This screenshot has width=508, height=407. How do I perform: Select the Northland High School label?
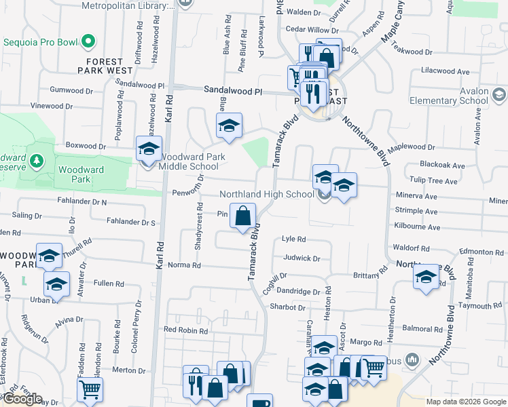point(266,194)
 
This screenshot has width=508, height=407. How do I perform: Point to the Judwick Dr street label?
point(302,258)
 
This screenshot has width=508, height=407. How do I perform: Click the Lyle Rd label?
point(293,239)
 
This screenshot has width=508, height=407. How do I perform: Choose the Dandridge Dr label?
point(297,292)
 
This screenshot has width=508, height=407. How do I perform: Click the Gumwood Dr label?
point(71,90)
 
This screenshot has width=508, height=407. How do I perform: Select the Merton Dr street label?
point(124,370)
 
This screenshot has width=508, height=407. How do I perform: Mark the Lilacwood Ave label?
point(446,71)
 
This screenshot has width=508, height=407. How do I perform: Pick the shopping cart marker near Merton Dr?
point(89,391)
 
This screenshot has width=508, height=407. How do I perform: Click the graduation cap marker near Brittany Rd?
point(426,278)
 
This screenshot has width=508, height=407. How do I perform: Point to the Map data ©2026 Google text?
point(465,402)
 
